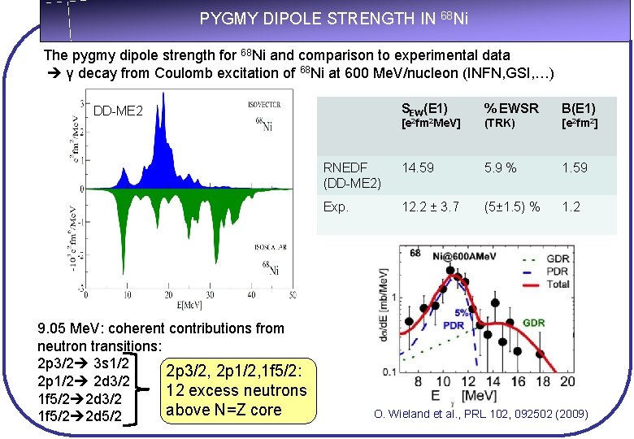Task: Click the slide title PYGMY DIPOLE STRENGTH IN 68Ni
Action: pos(333,19)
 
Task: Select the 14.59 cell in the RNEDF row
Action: pos(418,167)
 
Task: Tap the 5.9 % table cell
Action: pos(500,167)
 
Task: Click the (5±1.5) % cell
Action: pos(511,206)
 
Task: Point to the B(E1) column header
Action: pos(578,109)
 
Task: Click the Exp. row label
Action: pos(336,206)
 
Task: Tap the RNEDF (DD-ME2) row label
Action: pos(351,175)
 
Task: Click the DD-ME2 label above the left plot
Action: pos(119,111)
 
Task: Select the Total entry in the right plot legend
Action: pos(558,285)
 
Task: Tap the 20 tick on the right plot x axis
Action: pos(567,382)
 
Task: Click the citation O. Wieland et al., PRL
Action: pos(480,415)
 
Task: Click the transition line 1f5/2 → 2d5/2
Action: pos(80,416)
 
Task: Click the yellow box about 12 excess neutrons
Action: pos(236,390)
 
